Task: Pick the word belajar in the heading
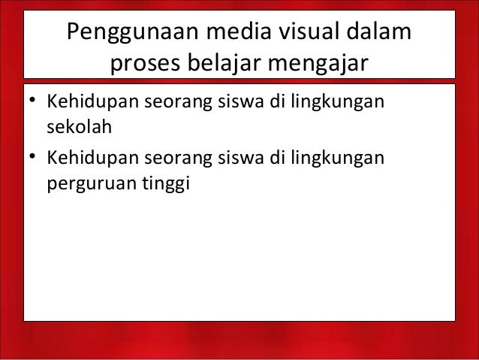pos(227,66)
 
